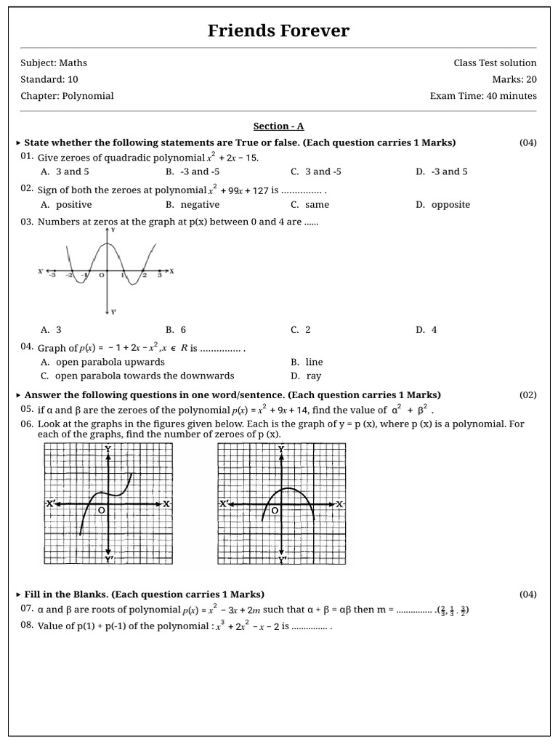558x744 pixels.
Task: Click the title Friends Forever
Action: click(278, 31)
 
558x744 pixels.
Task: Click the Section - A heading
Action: click(278, 126)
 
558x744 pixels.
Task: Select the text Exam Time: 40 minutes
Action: click(483, 96)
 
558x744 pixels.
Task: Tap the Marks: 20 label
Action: click(514, 79)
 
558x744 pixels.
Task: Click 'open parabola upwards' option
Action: click(110, 362)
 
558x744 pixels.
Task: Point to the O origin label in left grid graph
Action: click(102, 511)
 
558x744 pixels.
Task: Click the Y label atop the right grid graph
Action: click(281, 450)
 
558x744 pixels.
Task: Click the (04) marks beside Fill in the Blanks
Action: click(527, 594)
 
